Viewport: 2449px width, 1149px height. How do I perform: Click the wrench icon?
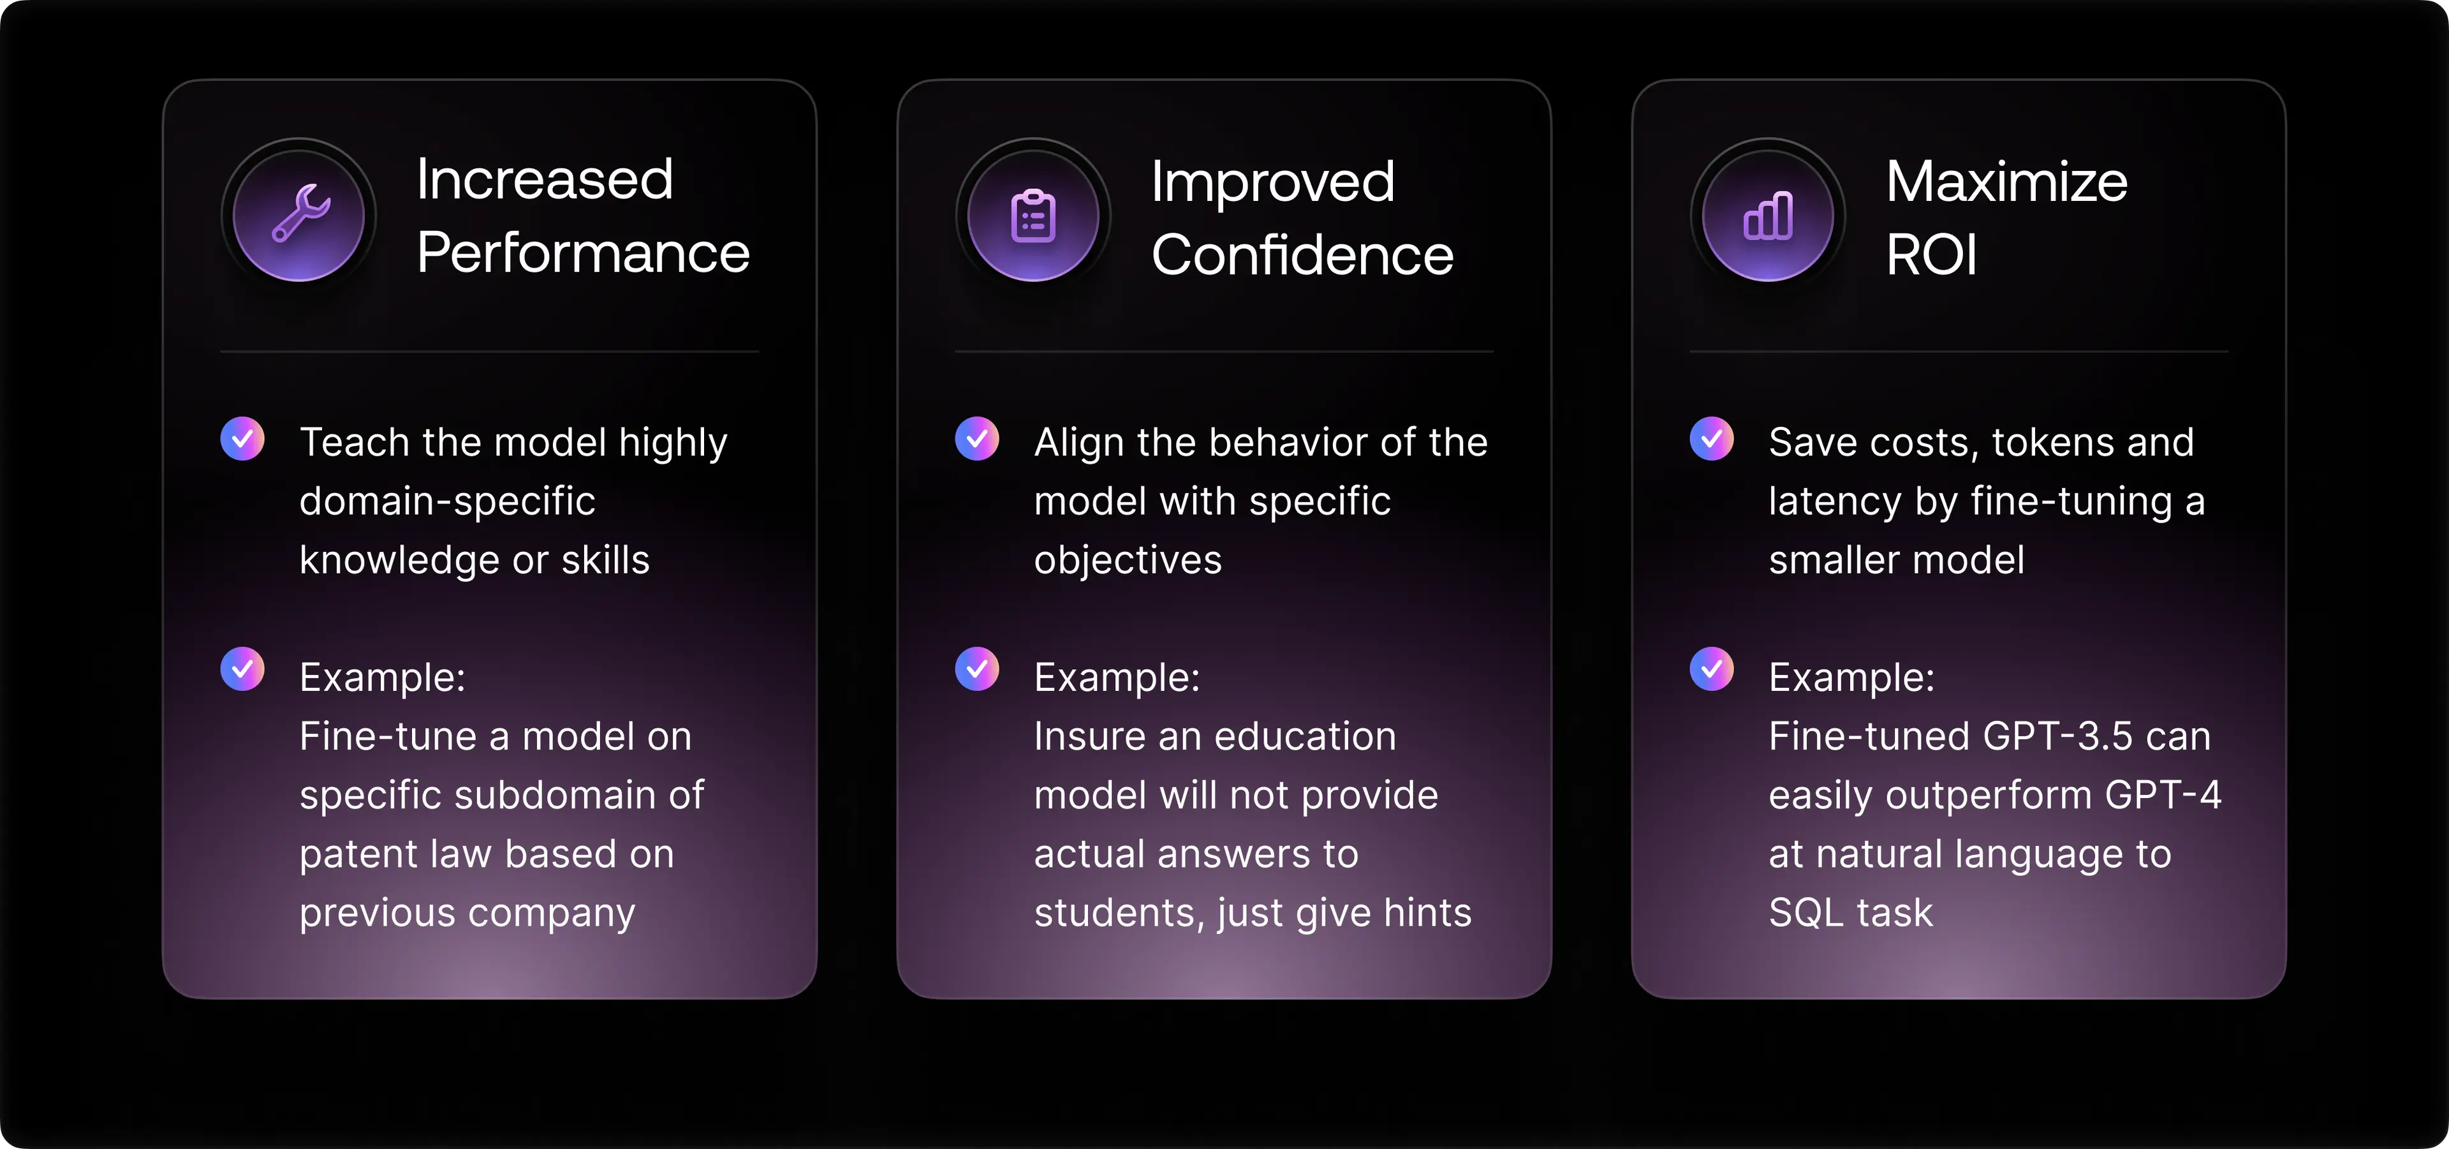300,213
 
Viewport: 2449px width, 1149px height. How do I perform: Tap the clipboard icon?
1033,216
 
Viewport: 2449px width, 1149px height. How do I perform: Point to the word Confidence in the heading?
1302,255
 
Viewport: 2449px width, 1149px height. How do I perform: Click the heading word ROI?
1931,255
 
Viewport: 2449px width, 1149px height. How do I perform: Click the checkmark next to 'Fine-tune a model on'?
242,670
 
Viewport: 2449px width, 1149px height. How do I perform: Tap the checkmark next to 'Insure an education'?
977,670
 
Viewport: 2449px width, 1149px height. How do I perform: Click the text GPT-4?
2163,795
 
